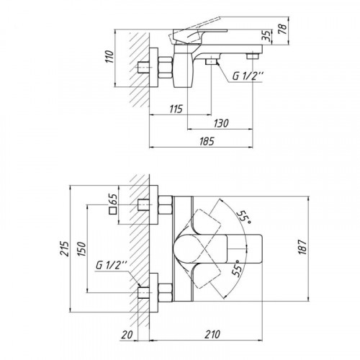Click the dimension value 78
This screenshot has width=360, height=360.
point(284,29)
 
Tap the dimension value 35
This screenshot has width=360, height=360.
point(266,36)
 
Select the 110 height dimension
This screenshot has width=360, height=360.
point(109,57)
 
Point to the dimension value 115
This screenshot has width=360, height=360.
point(176,109)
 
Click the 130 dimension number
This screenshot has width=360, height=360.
point(221,123)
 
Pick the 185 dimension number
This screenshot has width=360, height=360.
point(207,141)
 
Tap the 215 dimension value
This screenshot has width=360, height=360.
point(64,248)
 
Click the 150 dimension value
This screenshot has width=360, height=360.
point(82,249)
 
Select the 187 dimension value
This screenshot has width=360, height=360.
point(303,247)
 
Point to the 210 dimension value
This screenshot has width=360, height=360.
point(212,334)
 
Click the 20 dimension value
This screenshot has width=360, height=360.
point(127,335)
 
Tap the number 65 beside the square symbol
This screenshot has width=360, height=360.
point(113,199)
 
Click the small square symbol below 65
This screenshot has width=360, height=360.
point(113,210)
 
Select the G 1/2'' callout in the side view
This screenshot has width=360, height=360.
point(248,76)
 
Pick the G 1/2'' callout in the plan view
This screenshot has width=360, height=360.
point(111,265)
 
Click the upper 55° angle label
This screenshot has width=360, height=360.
point(244,217)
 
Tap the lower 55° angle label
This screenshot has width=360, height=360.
point(236,268)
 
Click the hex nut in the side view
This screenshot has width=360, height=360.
point(166,68)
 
